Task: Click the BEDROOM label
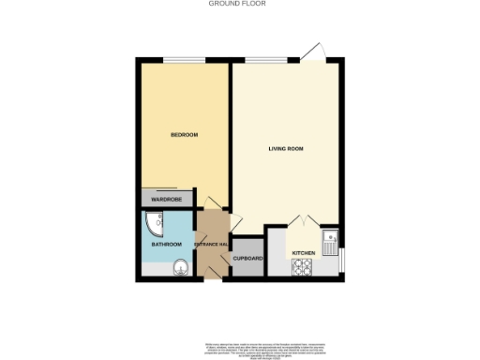click(184, 135)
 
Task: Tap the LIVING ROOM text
click(286, 149)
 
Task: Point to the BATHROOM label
click(167, 245)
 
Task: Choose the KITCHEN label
click(303, 253)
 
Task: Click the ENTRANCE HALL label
click(211, 245)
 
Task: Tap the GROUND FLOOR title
click(237, 4)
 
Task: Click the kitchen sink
click(330, 244)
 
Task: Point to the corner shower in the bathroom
click(154, 223)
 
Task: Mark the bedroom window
click(184, 61)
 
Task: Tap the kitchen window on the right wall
click(343, 257)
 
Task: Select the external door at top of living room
click(313, 53)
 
